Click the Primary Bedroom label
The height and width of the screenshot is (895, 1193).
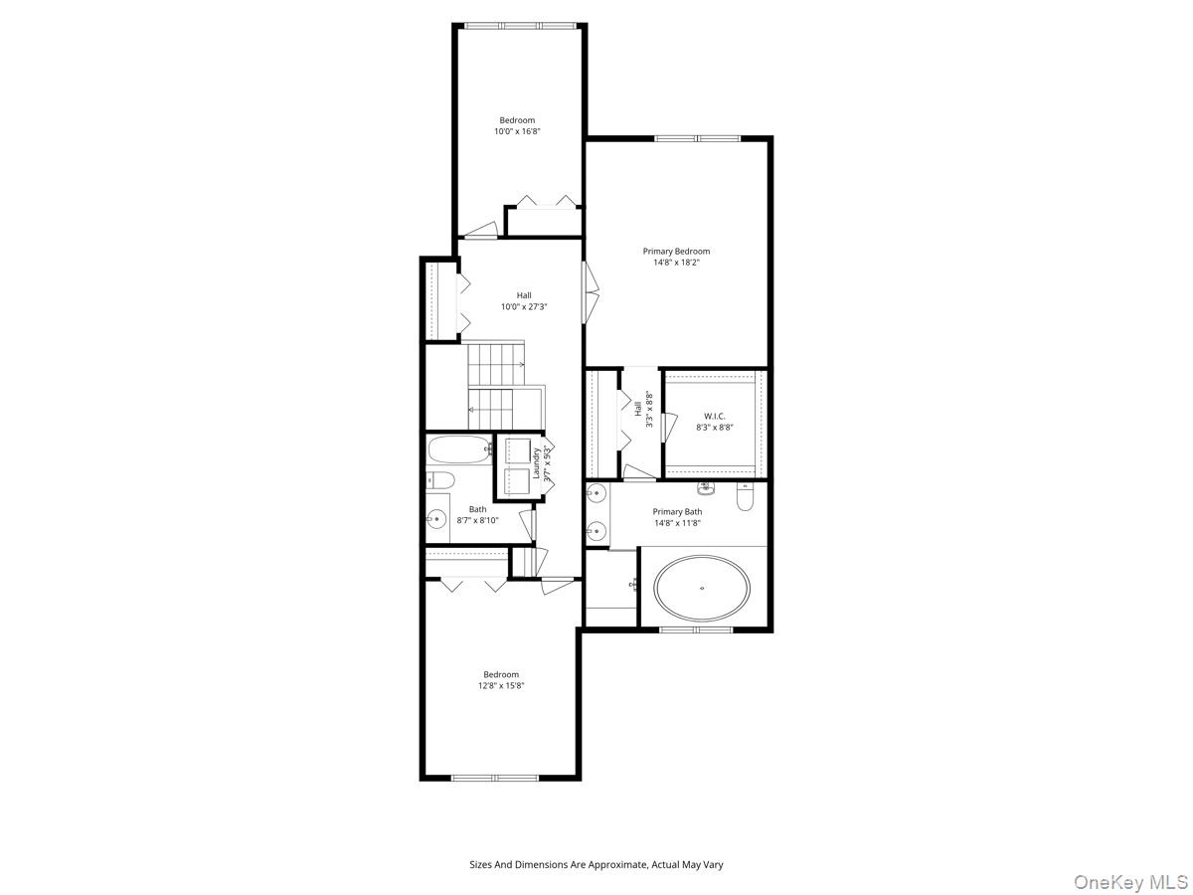pyautogui.click(x=676, y=252)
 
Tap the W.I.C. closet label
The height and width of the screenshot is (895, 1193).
pyautogui.click(x=714, y=416)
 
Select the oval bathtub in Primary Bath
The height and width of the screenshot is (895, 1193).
pyautogui.click(x=702, y=588)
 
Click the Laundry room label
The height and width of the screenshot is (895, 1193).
pyautogui.click(x=537, y=463)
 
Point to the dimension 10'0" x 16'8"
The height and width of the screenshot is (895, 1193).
pyautogui.click(x=517, y=131)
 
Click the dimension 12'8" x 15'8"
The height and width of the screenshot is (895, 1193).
pyautogui.click(x=501, y=685)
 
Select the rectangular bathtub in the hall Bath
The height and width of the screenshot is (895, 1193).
pyautogui.click(x=459, y=449)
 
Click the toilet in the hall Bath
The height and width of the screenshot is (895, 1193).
pyautogui.click(x=440, y=482)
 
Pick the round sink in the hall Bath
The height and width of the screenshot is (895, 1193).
pyautogui.click(x=435, y=518)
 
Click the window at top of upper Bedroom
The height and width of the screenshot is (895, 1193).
pyautogui.click(x=519, y=26)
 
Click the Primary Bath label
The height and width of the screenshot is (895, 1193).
pyautogui.click(x=677, y=512)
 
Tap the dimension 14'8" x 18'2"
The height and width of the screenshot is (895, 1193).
pyautogui.click(x=676, y=263)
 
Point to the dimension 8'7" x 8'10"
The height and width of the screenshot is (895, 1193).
pyautogui.click(x=478, y=520)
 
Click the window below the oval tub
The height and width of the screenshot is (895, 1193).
pyautogui.click(x=696, y=629)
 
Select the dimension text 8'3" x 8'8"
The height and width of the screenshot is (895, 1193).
pyautogui.click(x=714, y=428)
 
